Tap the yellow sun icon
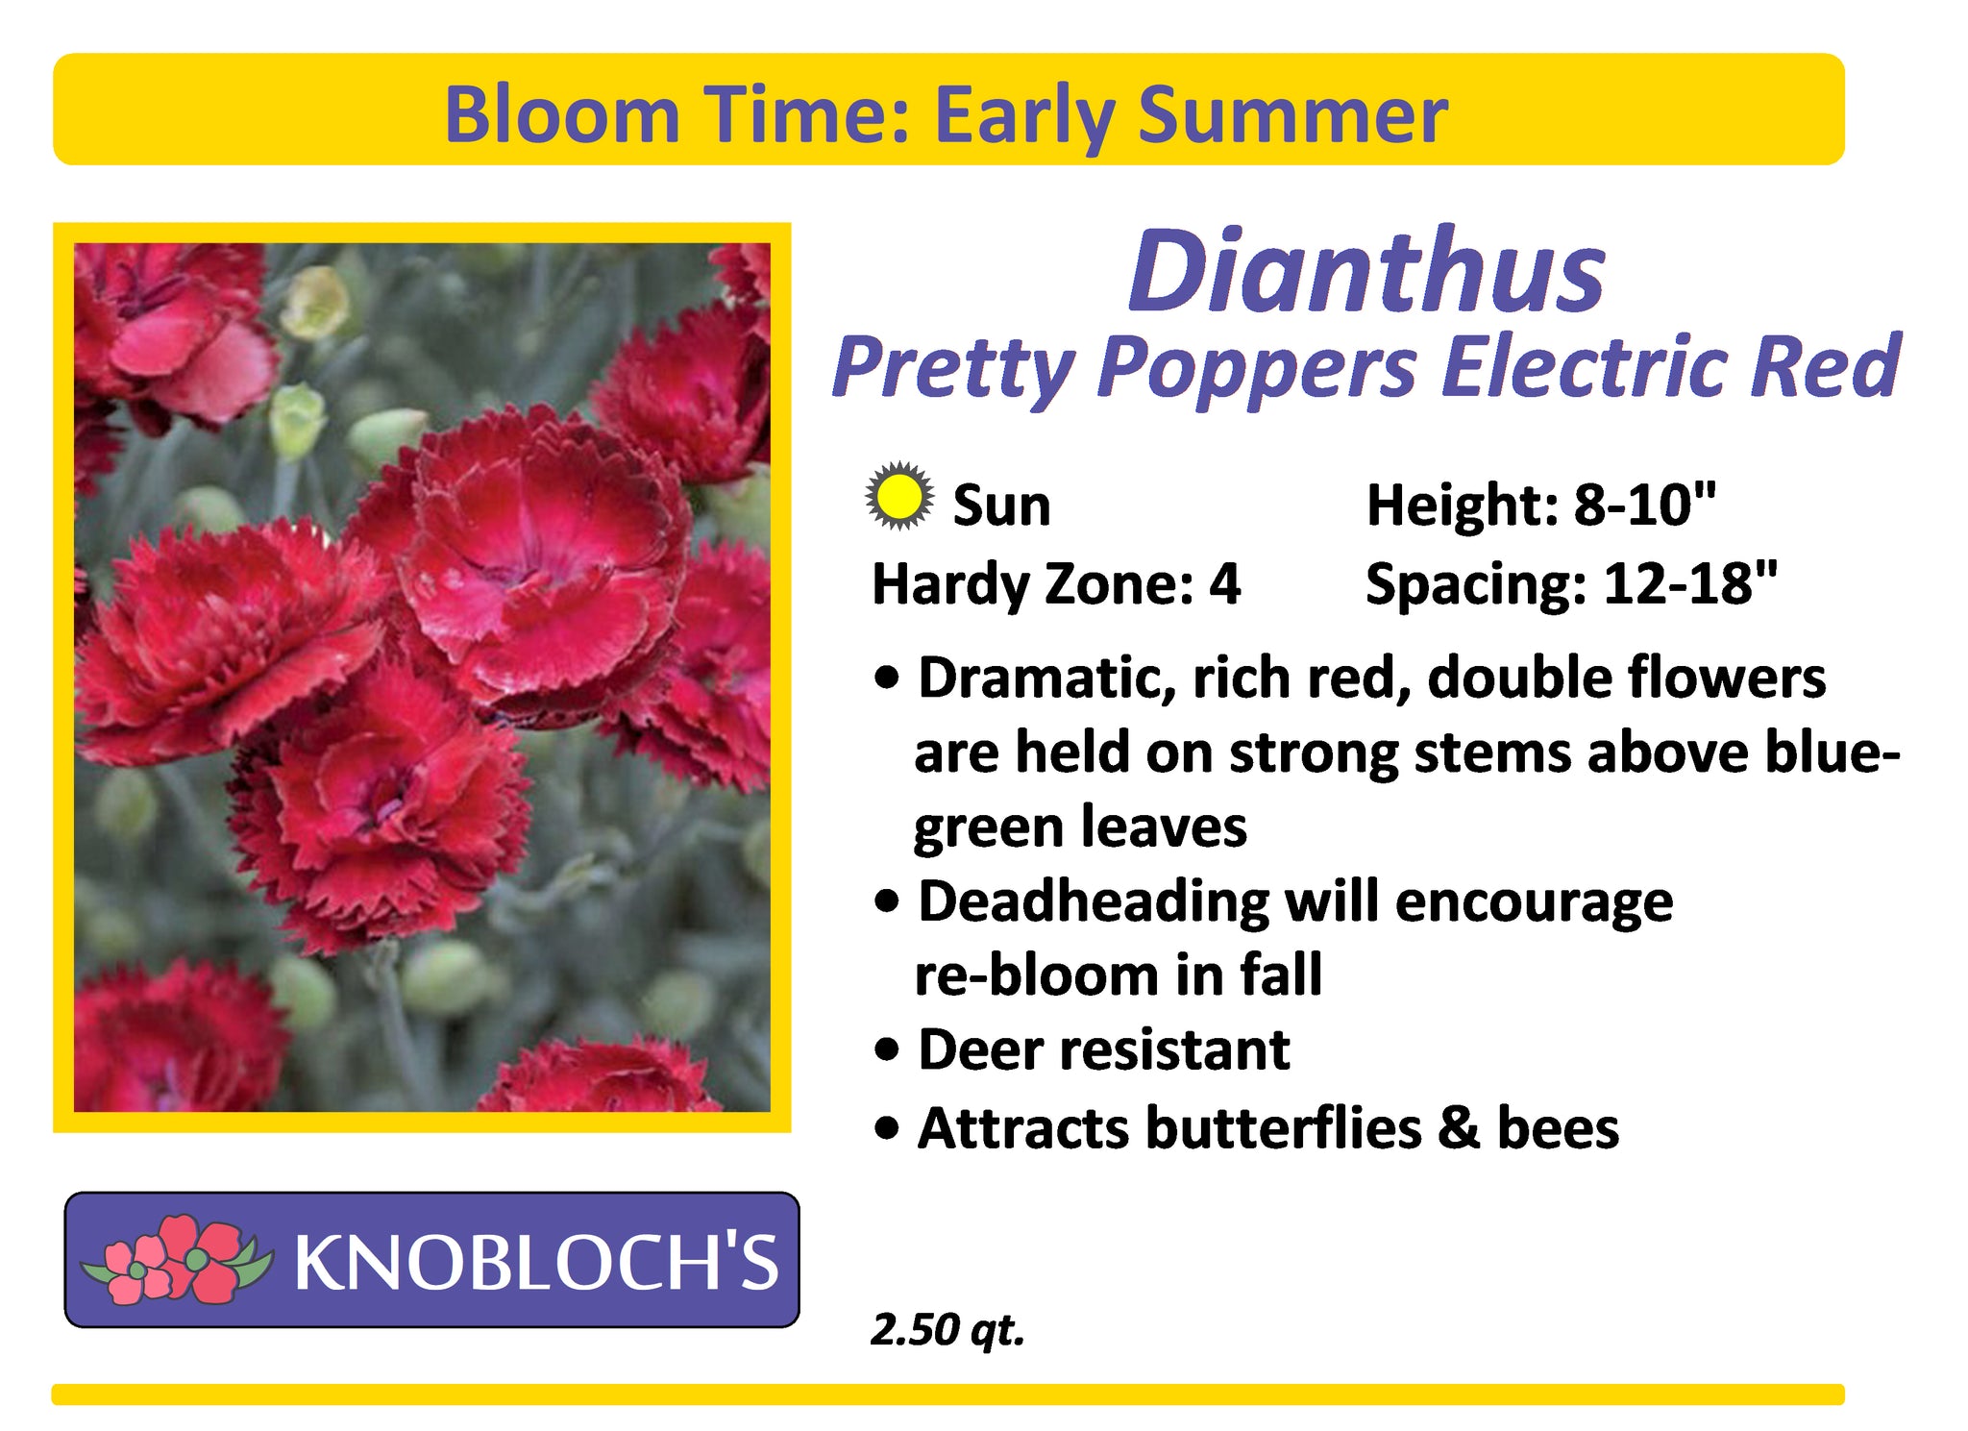tap(898, 497)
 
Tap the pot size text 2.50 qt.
tap(947, 1330)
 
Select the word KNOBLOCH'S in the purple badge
tap(536, 1262)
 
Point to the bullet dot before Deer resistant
tap(889, 1050)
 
